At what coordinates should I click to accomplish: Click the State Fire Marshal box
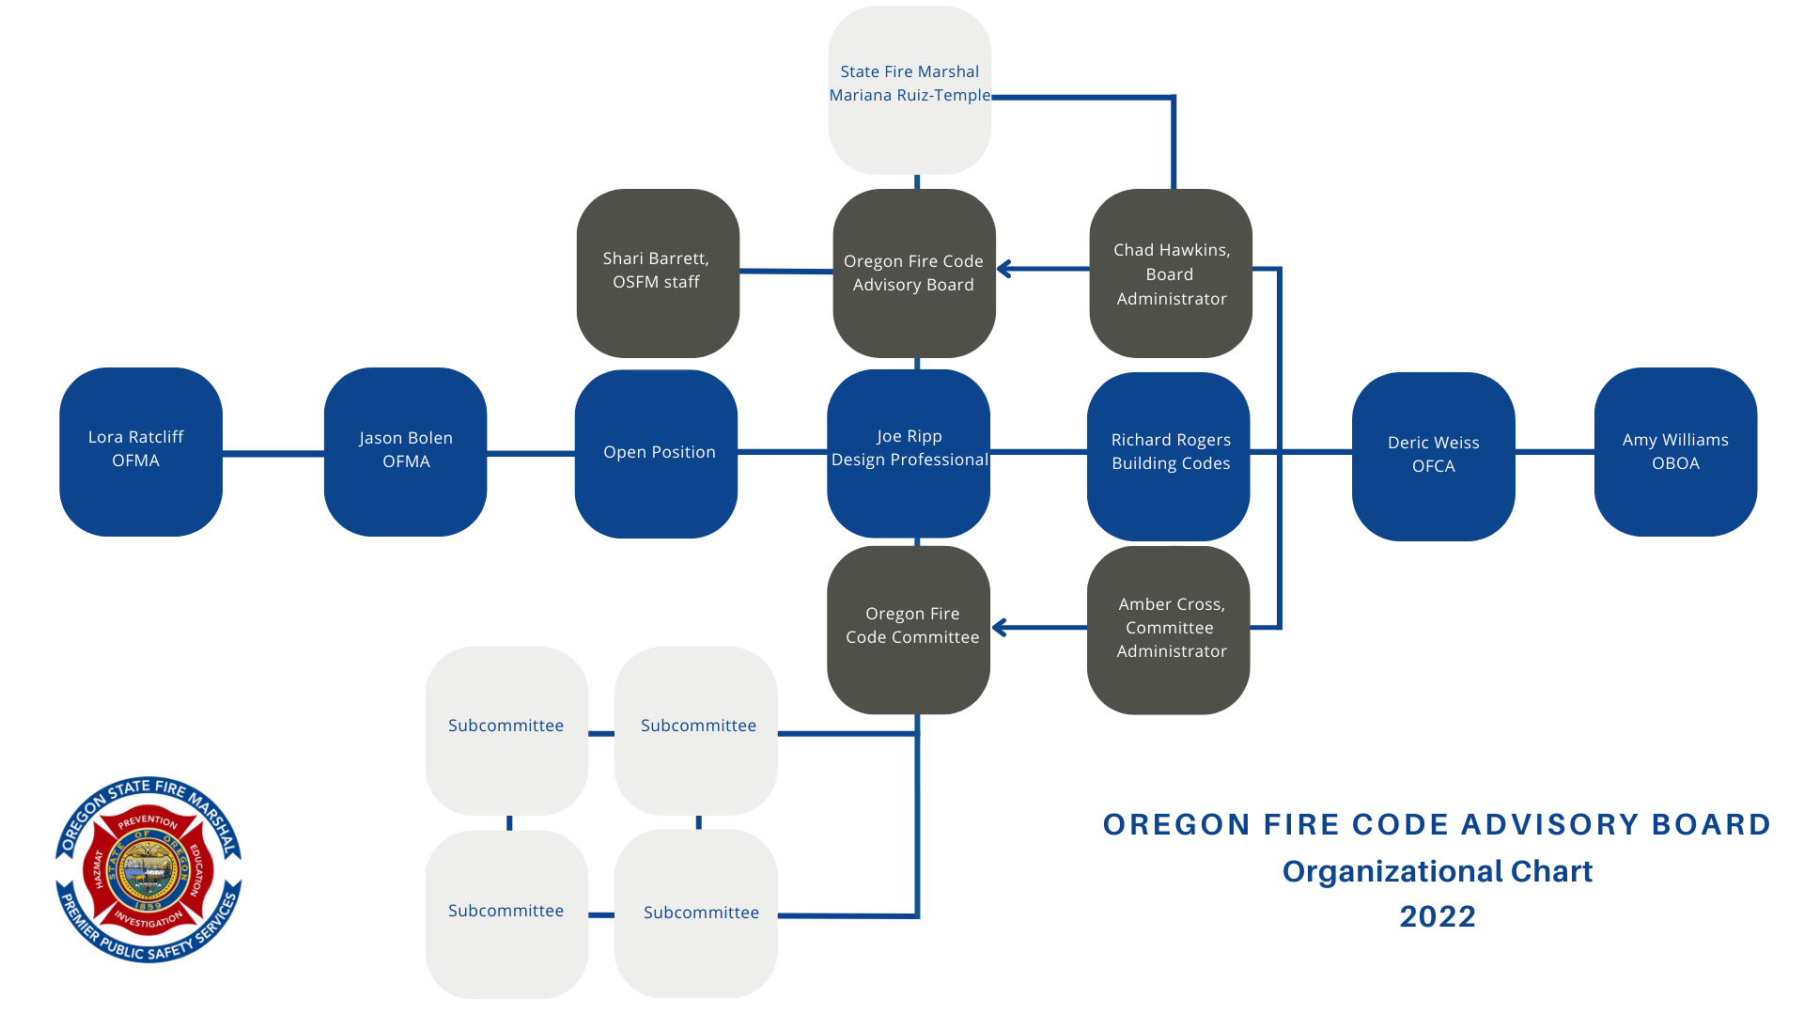pos(910,89)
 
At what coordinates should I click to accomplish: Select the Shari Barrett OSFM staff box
pos(657,273)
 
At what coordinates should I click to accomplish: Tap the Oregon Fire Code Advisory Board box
pos(913,273)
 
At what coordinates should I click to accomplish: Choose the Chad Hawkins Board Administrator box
pos(1171,273)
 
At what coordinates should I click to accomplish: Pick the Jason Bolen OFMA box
pos(405,451)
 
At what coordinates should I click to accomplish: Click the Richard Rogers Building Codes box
pos(1169,455)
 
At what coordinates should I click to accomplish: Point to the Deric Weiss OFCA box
pos(1433,455)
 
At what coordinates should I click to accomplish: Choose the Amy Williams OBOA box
pos(1675,451)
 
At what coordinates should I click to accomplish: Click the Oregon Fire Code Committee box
pos(909,628)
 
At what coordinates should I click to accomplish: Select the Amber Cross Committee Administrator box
pos(1169,629)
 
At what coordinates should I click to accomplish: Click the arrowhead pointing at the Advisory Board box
pos(1003,269)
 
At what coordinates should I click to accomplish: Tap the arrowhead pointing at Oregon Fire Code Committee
pos(1000,627)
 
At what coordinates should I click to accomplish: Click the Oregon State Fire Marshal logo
pos(148,869)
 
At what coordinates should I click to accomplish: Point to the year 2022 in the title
pos(1437,916)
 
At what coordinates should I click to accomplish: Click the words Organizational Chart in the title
pos(1437,871)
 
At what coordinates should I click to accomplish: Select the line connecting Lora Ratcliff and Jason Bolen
pos(272,453)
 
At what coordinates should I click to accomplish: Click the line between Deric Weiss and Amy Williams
pos(1554,452)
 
